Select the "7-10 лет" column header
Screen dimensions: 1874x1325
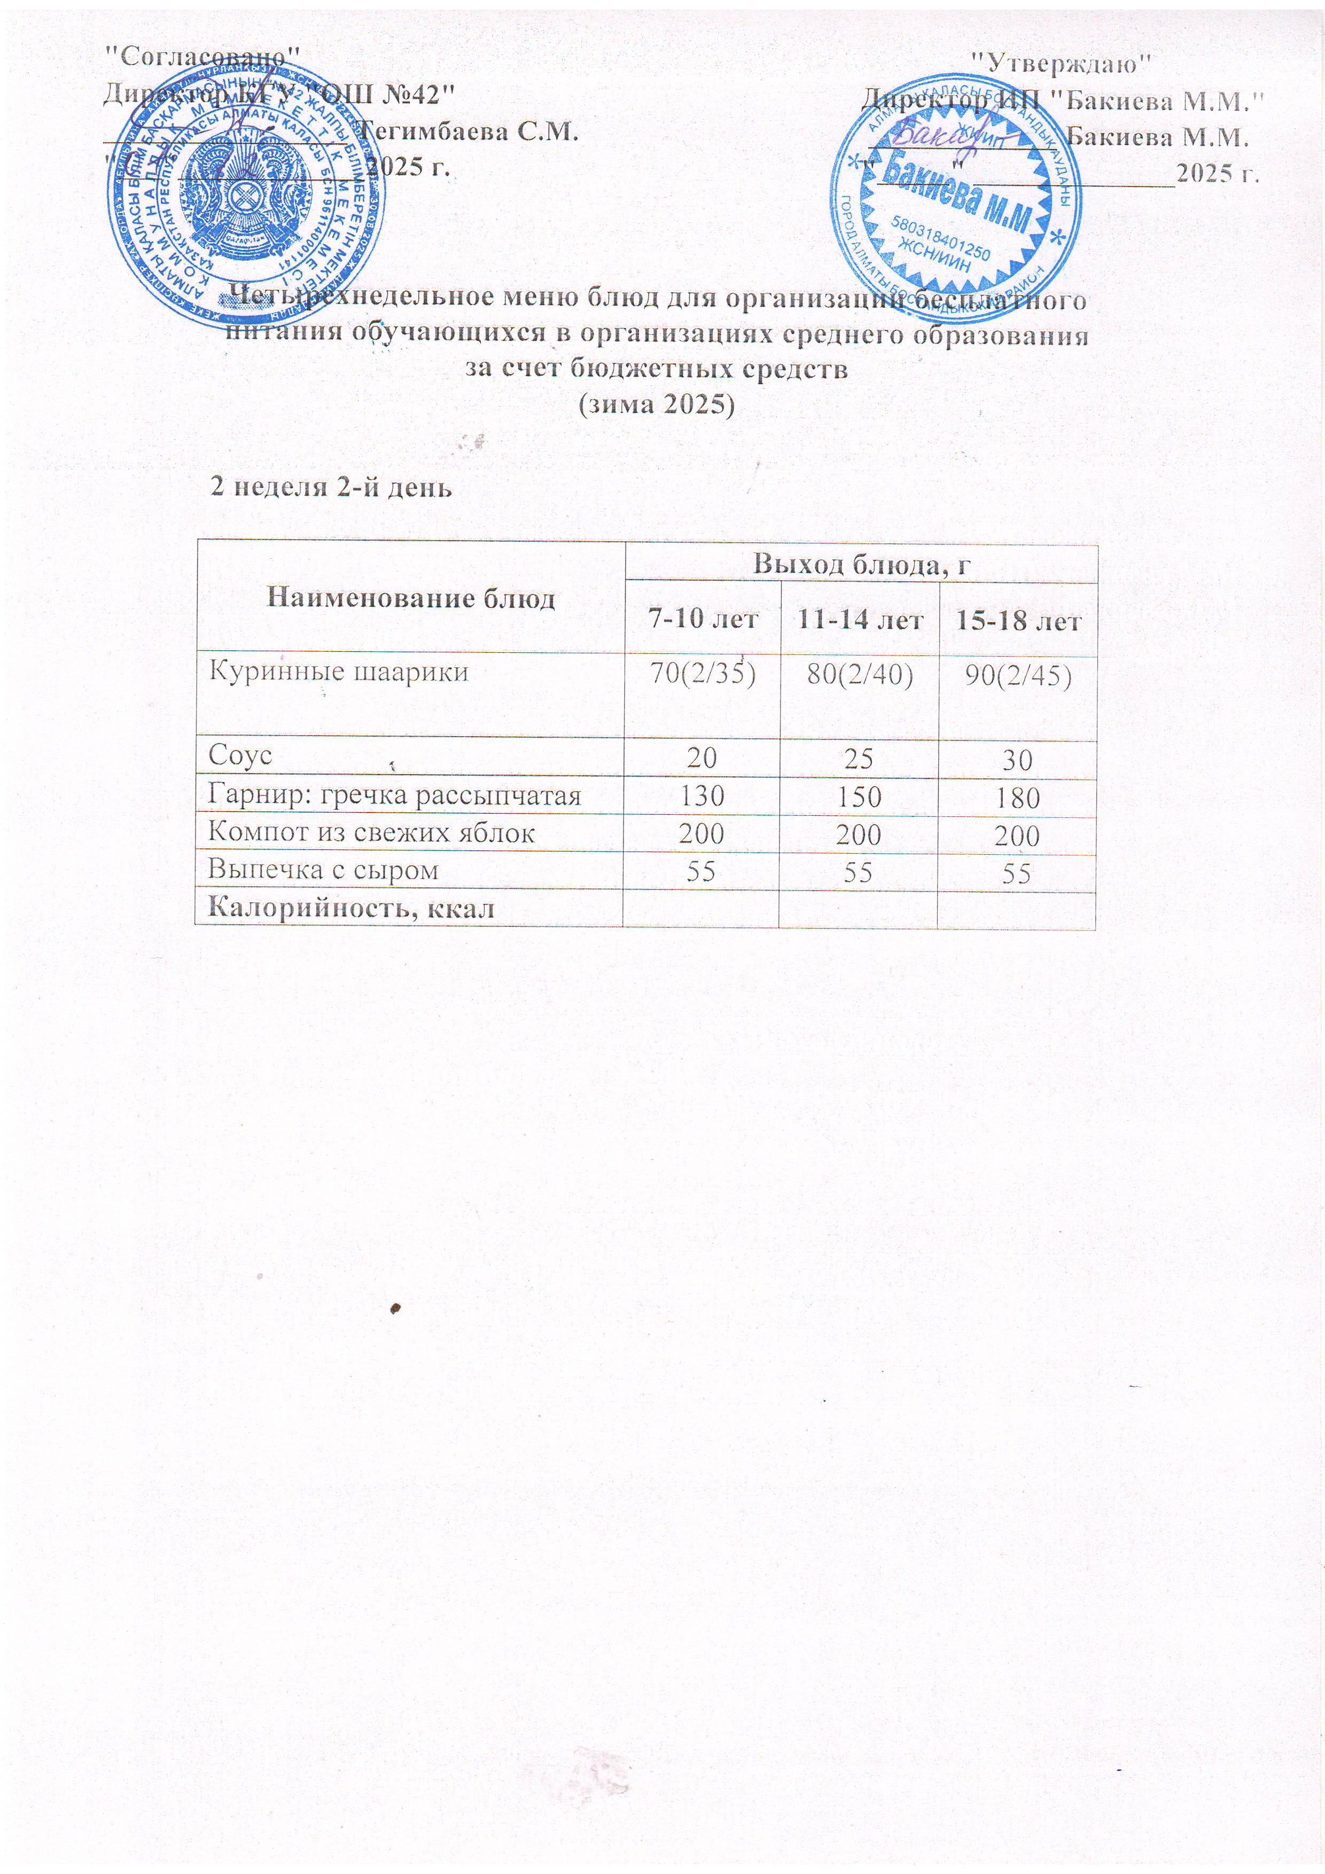tap(702, 620)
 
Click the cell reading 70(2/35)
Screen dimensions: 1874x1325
tap(702, 674)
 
